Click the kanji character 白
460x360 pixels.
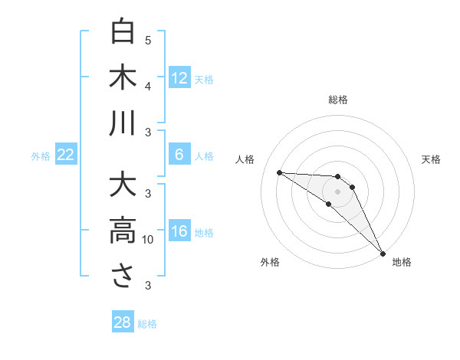[123, 32]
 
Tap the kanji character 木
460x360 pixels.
[123, 78]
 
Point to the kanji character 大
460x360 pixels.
[123, 185]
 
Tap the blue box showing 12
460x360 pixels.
[179, 78]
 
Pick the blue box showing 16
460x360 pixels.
[179, 232]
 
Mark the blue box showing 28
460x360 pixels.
[123, 322]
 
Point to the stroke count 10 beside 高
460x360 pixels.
[149, 240]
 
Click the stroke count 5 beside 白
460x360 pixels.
[148, 41]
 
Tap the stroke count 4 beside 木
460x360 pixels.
[148, 87]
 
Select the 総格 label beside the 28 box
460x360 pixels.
[147, 324]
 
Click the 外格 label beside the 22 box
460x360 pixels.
[41, 156]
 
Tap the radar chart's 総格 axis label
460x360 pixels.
[338, 100]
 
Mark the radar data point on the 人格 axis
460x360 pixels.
[279, 172]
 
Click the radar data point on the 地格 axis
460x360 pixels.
[382, 252]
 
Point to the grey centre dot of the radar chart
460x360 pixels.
[338, 191]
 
